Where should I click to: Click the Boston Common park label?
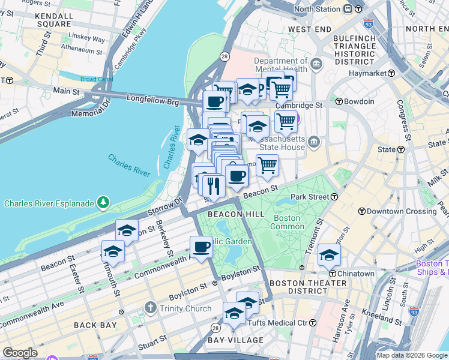287,222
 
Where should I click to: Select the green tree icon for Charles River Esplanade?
104,203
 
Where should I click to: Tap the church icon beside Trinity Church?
151,309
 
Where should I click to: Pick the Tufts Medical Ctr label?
280,323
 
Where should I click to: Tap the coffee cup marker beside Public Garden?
201,246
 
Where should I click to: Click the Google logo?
20,353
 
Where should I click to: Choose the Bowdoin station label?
359,101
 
